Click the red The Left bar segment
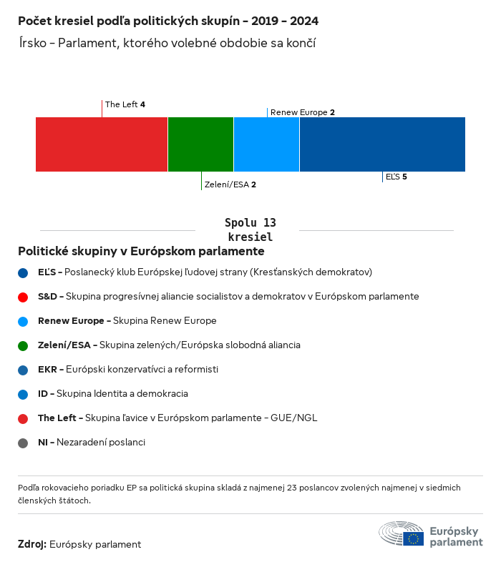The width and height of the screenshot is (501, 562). click(102, 144)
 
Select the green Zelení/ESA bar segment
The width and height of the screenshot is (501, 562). click(200, 144)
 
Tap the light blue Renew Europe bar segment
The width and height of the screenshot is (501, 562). click(266, 144)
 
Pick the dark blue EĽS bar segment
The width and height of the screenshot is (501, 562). click(382, 144)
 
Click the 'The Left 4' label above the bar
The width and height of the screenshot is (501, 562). click(125, 104)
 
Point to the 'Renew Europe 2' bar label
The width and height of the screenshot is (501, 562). click(302, 112)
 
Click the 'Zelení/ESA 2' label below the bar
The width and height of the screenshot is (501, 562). click(230, 184)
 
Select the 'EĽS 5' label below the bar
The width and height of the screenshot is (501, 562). click(396, 177)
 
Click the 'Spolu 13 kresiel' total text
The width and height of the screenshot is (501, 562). click(250, 230)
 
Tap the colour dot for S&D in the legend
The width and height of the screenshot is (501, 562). click(23, 297)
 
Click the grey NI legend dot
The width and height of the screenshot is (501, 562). click(23, 443)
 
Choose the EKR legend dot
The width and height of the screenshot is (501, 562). click(23, 370)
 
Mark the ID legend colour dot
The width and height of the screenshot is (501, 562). click(23, 394)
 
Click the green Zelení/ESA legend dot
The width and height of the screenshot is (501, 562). click(23, 345)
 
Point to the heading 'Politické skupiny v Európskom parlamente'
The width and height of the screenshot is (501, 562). click(141, 252)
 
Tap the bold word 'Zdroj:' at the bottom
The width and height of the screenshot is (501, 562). click(32, 544)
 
